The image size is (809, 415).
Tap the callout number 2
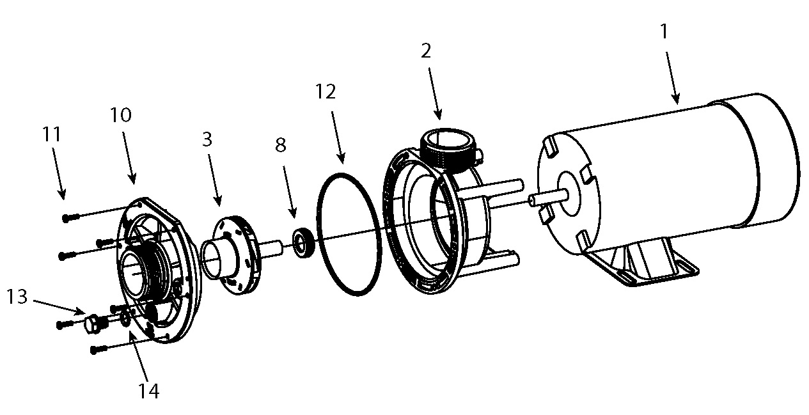pos(427,52)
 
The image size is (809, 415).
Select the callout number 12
pos(325,92)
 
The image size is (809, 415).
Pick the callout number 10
pos(120,115)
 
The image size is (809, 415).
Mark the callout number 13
pos(18,297)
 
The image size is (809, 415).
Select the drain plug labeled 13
pos(95,324)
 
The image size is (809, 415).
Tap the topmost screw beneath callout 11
pos(70,217)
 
